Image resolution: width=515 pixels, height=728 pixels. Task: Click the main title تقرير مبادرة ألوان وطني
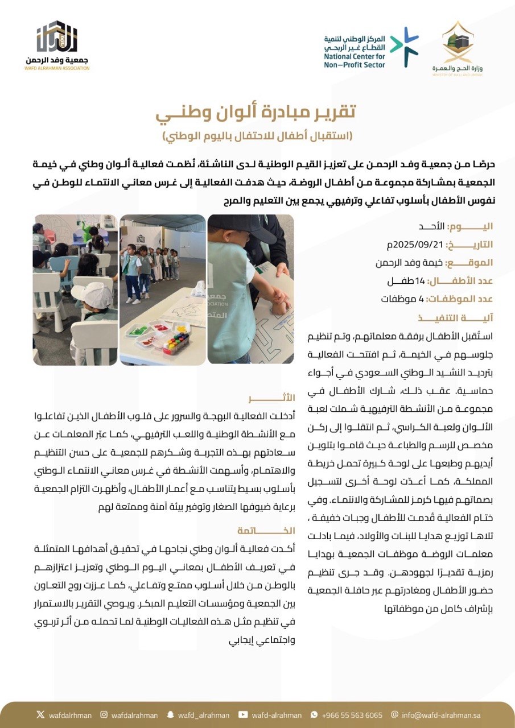257,112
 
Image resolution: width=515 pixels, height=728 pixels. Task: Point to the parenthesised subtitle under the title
257,136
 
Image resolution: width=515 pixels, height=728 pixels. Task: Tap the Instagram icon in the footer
104,715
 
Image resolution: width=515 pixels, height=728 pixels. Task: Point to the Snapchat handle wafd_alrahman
199,715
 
